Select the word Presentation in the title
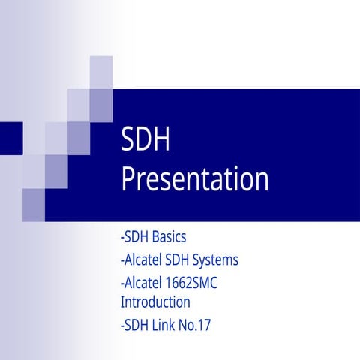click(194, 180)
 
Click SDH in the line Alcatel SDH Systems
click(172, 260)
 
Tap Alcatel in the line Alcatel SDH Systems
click(140, 260)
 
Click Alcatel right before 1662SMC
click(140, 283)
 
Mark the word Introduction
click(154, 302)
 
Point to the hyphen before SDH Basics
click(121, 238)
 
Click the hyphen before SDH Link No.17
click(121, 326)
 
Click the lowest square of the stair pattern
click(34, 200)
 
